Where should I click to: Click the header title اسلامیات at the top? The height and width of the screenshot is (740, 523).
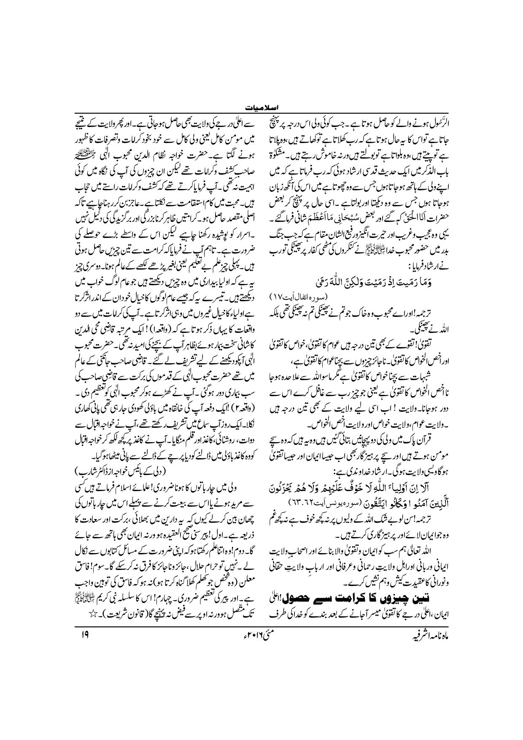pyautogui.click(x=261, y=108)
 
